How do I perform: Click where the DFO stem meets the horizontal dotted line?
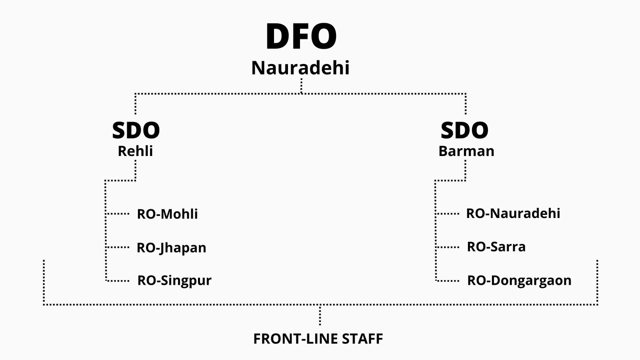tap(302, 94)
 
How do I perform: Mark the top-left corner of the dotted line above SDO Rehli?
tap(136, 94)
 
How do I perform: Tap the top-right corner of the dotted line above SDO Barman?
tap(466, 94)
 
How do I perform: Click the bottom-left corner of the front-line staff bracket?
tap(44, 304)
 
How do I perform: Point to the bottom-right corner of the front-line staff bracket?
tap(598, 304)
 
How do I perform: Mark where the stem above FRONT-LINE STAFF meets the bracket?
tap(320, 305)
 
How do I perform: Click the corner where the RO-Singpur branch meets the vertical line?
tap(106, 281)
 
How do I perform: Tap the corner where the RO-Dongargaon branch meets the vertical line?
tap(436, 281)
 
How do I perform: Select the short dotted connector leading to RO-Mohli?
tap(118, 214)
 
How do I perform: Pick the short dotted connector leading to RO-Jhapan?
tap(118, 247)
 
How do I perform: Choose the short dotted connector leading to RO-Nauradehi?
tap(447, 214)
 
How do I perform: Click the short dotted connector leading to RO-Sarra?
tap(447, 247)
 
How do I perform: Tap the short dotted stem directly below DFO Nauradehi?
tap(302, 86)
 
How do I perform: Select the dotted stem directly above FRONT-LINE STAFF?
tap(320, 315)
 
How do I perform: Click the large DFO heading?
tap(301, 36)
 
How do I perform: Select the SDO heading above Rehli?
tap(136, 130)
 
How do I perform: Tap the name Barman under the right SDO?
tap(466, 151)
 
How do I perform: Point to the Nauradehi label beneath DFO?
tap(300, 68)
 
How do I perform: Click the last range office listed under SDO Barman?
tap(519, 280)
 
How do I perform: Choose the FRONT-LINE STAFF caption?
tap(318, 339)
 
